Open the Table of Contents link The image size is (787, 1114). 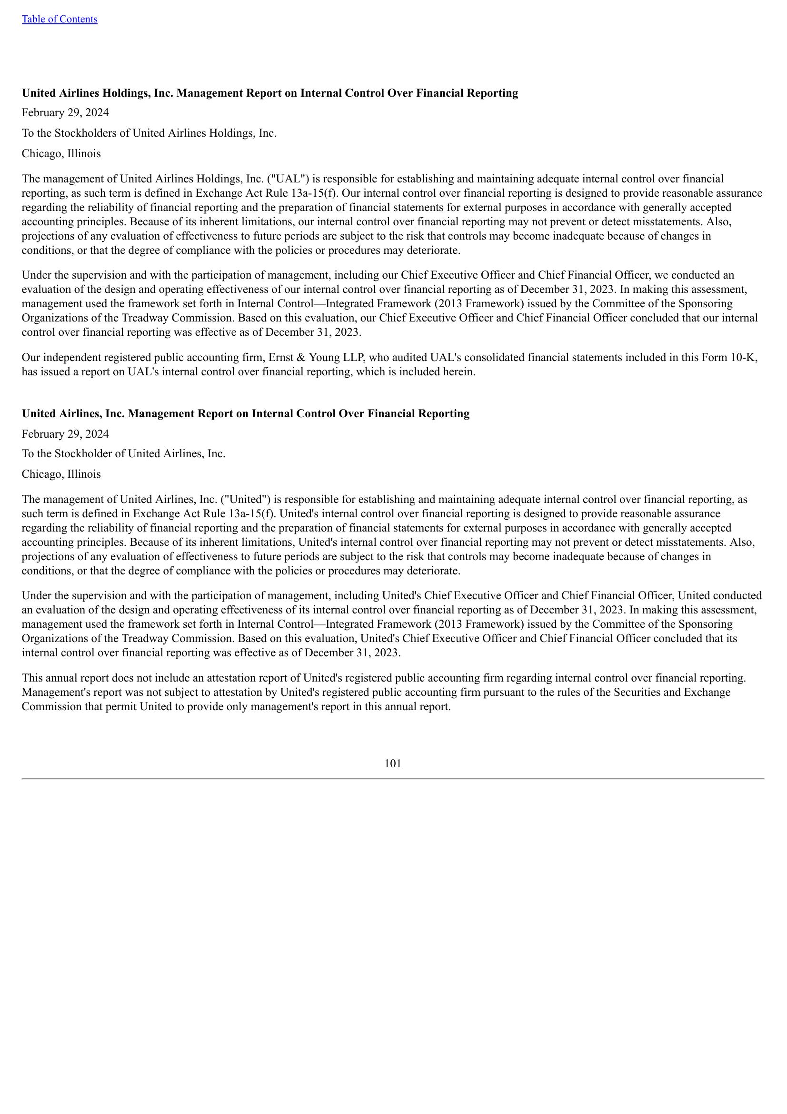tap(59, 19)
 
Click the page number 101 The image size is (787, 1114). tap(393, 763)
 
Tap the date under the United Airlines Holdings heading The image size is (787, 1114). tap(65, 112)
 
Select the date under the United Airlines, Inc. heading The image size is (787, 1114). tap(65, 433)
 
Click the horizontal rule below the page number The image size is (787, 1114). tap(393, 779)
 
